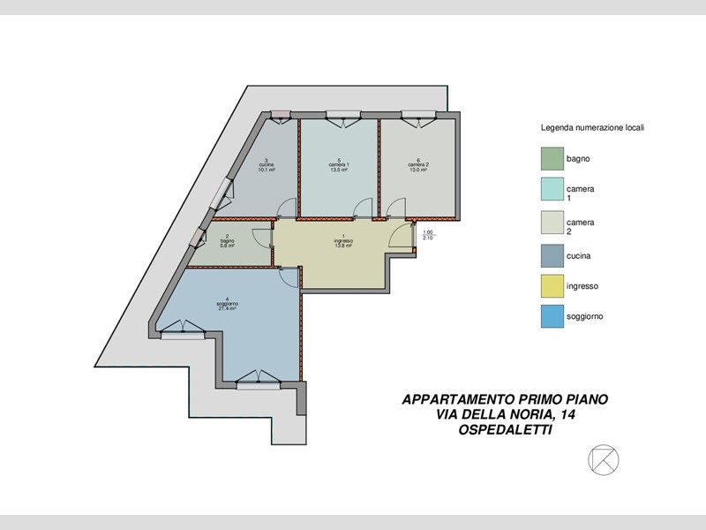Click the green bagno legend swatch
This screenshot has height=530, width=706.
tap(552, 159)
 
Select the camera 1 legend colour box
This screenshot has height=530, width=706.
tap(552, 190)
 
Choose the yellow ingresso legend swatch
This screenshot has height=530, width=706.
tap(552, 285)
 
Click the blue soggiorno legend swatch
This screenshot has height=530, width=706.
tap(552, 316)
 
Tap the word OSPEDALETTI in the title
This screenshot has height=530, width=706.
tap(505, 430)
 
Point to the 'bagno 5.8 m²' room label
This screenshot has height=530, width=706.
tap(228, 241)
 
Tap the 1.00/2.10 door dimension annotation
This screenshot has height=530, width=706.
tap(428, 235)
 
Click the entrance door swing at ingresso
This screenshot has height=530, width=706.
tap(403, 236)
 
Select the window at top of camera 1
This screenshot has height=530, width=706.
tap(341, 115)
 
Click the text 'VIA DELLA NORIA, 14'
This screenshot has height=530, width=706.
tap(505, 415)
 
